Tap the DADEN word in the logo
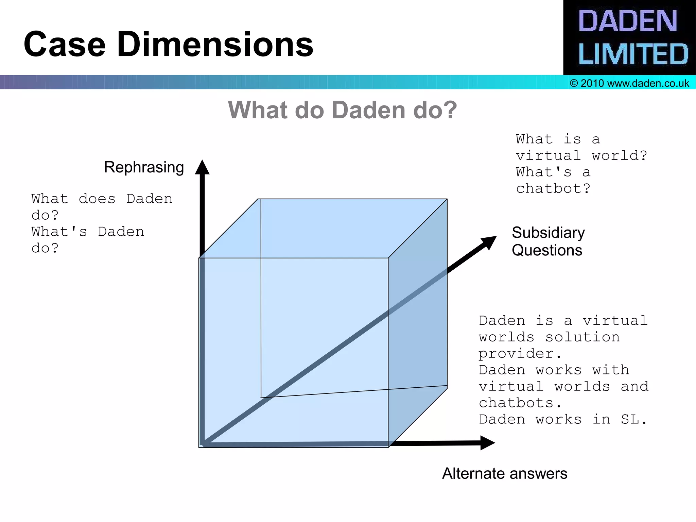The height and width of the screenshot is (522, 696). pos(627,21)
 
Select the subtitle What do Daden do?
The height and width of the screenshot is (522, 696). pos(342,110)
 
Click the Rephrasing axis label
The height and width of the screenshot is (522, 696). pos(144,167)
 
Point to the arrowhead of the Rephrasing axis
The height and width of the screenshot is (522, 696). pos(202,167)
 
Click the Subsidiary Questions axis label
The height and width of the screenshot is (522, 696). pos(548,241)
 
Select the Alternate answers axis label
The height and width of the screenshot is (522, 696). pos(504,473)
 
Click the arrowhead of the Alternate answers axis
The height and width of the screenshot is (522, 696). pos(487,443)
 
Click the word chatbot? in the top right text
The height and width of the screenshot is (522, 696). pos(553,188)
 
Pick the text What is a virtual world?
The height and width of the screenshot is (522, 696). pos(581,148)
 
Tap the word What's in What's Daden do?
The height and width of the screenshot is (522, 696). pos(59,232)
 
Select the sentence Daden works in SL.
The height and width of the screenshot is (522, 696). pos(562,420)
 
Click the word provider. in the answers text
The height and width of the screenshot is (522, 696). pos(520,354)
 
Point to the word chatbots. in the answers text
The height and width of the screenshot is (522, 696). pos(520,403)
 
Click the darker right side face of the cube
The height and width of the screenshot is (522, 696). pos(418,323)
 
